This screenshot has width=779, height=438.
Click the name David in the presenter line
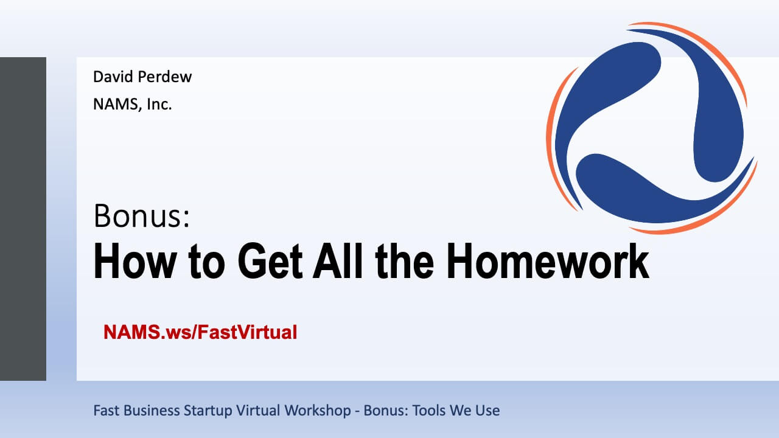click(x=114, y=77)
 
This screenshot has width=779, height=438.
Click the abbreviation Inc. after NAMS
click(x=159, y=104)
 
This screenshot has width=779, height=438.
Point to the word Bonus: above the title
click(x=142, y=215)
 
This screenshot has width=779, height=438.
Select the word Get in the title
click(x=270, y=261)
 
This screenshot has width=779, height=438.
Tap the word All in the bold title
click(x=338, y=261)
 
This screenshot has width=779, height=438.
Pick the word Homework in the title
click(x=548, y=261)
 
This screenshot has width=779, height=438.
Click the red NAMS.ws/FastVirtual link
click(x=200, y=332)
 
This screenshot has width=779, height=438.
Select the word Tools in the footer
click(x=429, y=411)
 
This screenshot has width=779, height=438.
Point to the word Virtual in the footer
click(x=258, y=411)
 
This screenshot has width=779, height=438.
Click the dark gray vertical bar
click(x=23, y=219)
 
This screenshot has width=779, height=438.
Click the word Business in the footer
click(x=152, y=411)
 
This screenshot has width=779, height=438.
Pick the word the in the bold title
click(x=405, y=261)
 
